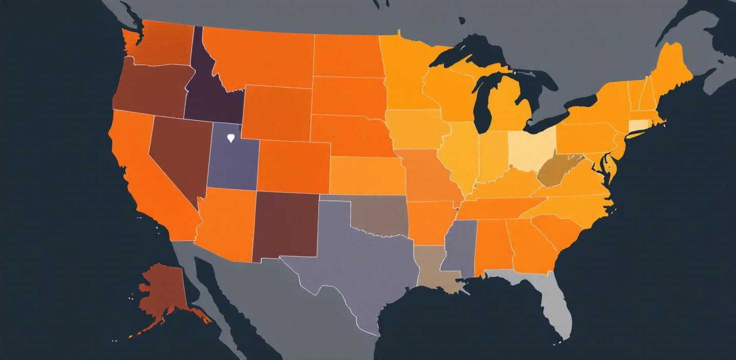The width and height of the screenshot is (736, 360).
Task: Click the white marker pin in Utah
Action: click(231, 138)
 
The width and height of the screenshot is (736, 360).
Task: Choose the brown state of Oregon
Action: click(148, 89)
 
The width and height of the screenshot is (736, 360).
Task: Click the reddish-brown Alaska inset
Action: click(161, 291)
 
